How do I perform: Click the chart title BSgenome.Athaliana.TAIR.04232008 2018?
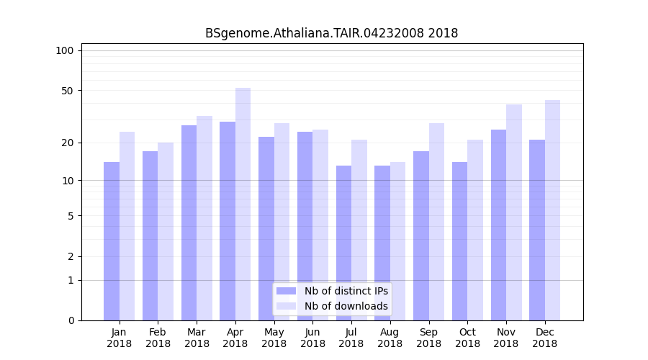click(x=331, y=33)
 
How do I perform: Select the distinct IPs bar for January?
click(x=112, y=241)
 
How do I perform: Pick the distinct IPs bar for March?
click(x=189, y=222)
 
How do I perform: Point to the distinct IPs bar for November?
click(x=498, y=225)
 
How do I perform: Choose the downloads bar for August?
click(x=397, y=241)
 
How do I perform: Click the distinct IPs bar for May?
click(x=266, y=228)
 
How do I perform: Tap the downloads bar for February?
click(x=166, y=231)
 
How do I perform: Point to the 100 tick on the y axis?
click(x=65, y=50)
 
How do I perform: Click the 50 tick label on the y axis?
click(x=67, y=91)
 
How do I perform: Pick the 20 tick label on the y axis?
click(x=67, y=143)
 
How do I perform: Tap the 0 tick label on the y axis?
click(x=70, y=320)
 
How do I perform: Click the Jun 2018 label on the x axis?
click(x=312, y=338)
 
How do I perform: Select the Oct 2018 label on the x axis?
click(x=467, y=338)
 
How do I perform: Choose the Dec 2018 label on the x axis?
click(x=544, y=338)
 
